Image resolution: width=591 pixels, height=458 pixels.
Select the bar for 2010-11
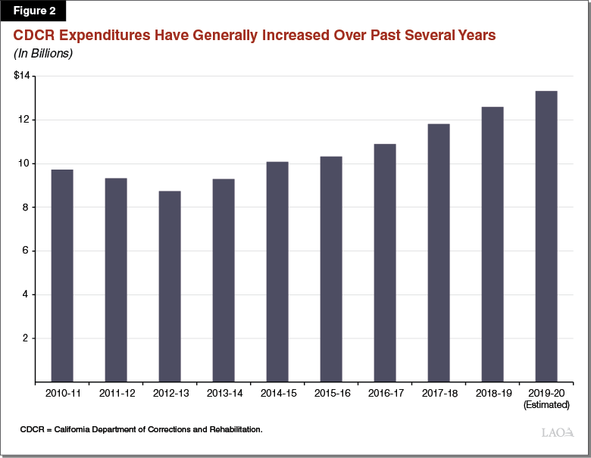point(62,276)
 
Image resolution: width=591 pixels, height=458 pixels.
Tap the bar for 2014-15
point(277,272)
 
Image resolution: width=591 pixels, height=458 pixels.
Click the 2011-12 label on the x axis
point(116,394)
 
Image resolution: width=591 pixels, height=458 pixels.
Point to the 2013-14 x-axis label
point(224,394)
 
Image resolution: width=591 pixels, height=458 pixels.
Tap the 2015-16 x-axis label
point(331,394)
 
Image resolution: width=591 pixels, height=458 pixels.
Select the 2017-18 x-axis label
point(439,394)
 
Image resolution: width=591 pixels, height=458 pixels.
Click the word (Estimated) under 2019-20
point(546,406)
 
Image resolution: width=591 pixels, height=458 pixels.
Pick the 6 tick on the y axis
point(25,251)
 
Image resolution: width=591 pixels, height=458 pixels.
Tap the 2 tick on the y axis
point(25,338)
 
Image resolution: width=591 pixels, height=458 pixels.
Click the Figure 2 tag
point(33,11)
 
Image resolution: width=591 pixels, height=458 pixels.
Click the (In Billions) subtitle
point(42,54)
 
